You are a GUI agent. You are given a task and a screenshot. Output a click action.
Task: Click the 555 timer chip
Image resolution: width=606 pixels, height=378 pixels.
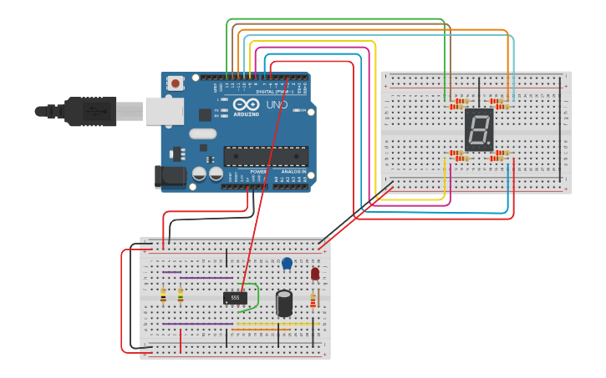click(235, 297)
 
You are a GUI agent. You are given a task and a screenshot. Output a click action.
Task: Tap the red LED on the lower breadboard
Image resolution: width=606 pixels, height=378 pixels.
click(315, 274)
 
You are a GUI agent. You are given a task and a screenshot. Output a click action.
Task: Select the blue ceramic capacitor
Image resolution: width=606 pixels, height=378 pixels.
click(287, 264)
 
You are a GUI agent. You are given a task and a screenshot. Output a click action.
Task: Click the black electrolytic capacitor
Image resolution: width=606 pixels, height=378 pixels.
click(284, 303)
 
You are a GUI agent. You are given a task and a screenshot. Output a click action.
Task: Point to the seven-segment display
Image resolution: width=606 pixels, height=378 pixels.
click(479, 129)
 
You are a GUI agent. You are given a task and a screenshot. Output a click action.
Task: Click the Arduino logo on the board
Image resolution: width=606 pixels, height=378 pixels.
click(246, 106)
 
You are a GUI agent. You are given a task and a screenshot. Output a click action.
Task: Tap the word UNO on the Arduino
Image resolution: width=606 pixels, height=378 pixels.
click(278, 106)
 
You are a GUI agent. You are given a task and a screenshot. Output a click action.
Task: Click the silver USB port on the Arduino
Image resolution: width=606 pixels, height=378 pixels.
click(164, 111)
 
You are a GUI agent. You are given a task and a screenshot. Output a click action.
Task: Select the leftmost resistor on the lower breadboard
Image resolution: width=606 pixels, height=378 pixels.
click(163, 295)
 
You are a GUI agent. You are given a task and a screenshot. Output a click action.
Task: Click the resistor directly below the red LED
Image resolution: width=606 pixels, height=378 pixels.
click(313, 301)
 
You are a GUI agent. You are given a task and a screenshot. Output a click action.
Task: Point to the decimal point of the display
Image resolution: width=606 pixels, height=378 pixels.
click(490, 144)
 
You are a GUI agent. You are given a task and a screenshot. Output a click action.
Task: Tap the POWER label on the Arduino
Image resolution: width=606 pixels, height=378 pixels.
click(258, 171)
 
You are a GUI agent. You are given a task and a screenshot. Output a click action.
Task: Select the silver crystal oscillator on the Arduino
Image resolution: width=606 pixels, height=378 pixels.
click(202, 134)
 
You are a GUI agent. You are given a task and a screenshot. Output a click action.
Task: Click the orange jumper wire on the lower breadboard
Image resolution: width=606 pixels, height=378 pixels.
click(261, 329)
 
